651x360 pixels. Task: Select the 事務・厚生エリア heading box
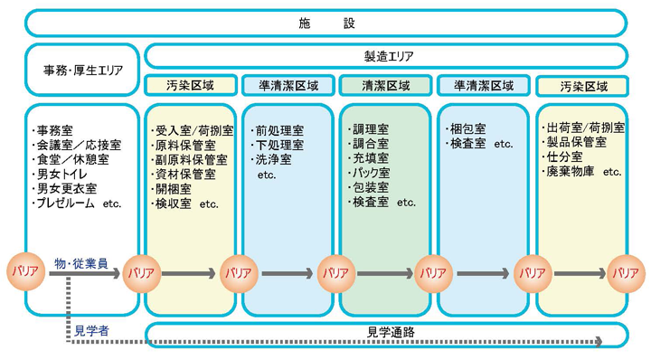pyautogui.click(x=83, y=69)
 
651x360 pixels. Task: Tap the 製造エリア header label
pyautogui.click(x=388, y=56)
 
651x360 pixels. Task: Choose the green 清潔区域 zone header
pyautogui.click(x=384, y=86)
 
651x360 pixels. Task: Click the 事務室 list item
pyautogui.click(x=58, y=129)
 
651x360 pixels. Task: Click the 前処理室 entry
pyautogui.click(x=279, y=129)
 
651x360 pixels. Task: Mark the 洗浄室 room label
pyautogui.click(x=274, y=159)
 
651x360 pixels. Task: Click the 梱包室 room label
pyautogui.click(x=469, y=129)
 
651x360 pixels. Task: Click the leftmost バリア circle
pyautogui.click(x=24, y=271)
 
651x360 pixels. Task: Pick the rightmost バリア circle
pyautogui.click(x=625, y=271)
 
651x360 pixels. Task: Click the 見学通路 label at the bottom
pyautogui.click(x=391, y=332)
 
